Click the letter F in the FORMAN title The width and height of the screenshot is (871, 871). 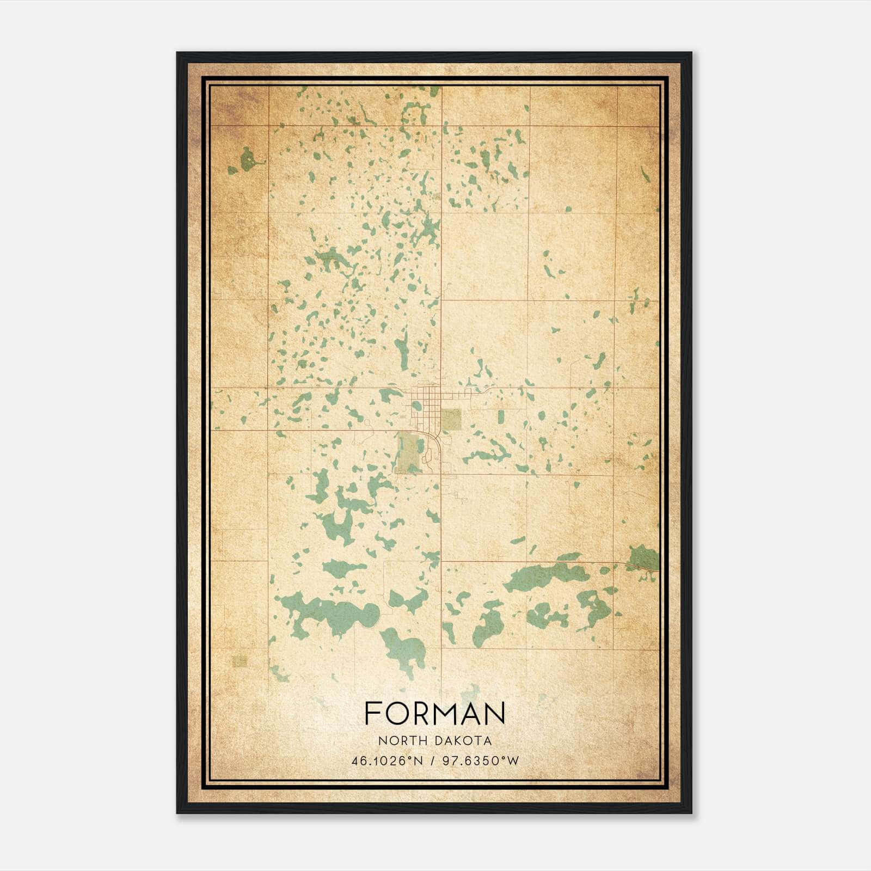[372, 713]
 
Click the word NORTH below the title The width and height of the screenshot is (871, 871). [400, 741]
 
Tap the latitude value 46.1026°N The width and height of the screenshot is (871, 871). [387, 761]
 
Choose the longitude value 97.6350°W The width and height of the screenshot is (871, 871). [481, 761]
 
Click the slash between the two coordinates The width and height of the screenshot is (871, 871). [433, 761]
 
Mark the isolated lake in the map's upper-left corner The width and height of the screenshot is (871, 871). [248, 160]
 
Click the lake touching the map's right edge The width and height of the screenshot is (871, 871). [644, 559]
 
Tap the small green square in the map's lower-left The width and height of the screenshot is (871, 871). [240, 660]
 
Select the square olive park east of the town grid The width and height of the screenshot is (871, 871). [451, 419]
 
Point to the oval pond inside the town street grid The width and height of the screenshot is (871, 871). [417, 406]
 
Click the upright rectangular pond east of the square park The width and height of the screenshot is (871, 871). [500, 417]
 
